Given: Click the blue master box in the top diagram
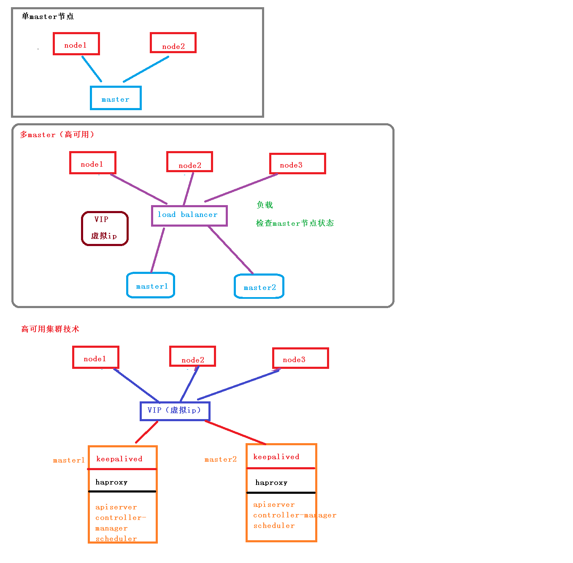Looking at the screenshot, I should tap(116, 98).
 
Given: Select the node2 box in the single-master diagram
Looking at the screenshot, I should tap(173, 43).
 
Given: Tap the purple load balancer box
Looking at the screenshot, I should tap(189, 216).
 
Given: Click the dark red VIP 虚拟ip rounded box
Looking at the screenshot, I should tap(105, 228).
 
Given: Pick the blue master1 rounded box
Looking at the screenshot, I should tap(151, 285).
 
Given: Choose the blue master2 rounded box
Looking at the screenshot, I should tap(259, 286).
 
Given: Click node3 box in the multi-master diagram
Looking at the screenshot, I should tap(297, 164).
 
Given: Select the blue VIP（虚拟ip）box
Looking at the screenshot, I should tap(175, 411).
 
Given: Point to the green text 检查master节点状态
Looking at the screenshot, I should tap(295, 223).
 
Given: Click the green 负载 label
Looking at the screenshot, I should tap(265, 205).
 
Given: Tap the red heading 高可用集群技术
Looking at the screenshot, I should tap(50, 329).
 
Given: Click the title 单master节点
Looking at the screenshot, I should tap(48, 16).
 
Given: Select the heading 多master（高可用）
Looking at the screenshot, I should tap(57, 135).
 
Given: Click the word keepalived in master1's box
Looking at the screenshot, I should tap(119, 459).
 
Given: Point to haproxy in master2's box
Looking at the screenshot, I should tap(271, 482).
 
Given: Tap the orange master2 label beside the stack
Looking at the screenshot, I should tap(220, 459).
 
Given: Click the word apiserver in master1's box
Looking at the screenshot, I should tap(116, 507).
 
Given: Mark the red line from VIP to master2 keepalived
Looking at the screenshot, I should tap(235, 433).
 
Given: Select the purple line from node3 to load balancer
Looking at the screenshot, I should tap(241, 188).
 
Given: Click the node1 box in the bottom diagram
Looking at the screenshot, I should tap(95, 357).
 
